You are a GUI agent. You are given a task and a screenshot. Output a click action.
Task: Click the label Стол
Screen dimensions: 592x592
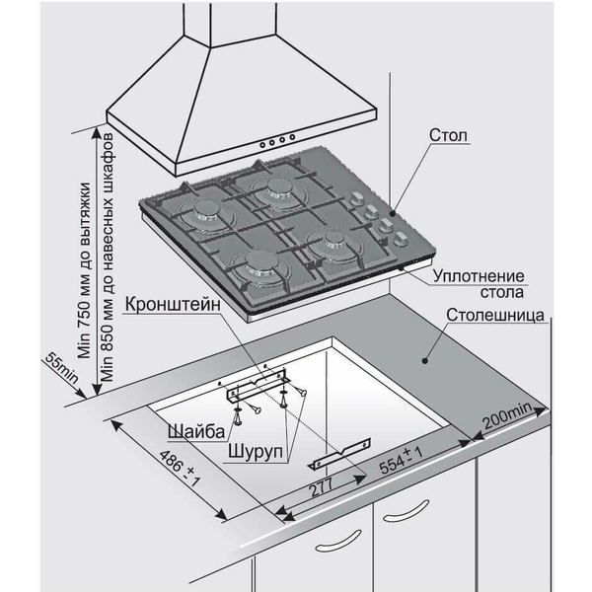pos(448,134)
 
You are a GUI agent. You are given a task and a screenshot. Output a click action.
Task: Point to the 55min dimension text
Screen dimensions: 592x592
pos(60,371)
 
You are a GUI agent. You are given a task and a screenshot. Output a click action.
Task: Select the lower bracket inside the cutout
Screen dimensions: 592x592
pos(334,457)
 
